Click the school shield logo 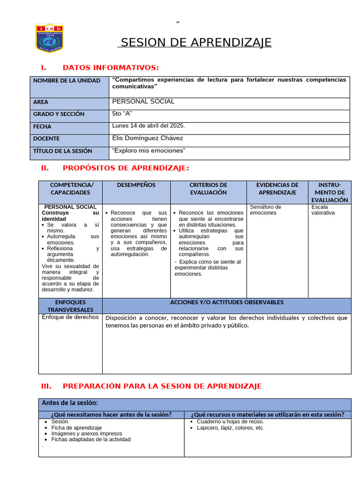pyautogui.click(x=49, y=37)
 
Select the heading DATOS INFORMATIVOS pyautogui.click(x=111, y=67)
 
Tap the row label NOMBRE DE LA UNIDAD pyautogui.click(x=67, y=81)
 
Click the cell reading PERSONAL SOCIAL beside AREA pyautogui.click(x=143, y=101)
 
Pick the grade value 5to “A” pyautogui.click(x=123, y=113)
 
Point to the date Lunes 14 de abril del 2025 pyautogui.click(x=149, y=126)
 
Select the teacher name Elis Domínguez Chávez pyautogui.click(x=148, y=138)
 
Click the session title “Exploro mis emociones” pyautogui.click(x=149, y=150)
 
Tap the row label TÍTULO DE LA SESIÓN pyautogui.click(x=63, y=151)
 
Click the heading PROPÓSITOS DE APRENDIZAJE pyautogui.click(x=126, y=168)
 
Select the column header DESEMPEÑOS pyautogui.click(x=136, y=185)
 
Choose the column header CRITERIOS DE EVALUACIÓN pyautogui.click(x=208, y=188)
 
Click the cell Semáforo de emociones pyautogui.click(x=265, y=210)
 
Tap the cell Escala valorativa pyautogui.click(x=323, y=210)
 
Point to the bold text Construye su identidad pyautogui.click(x=70, y=216)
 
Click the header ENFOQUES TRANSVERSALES pyautogui.click(x=70, y=306)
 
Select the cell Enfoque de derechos pyautogui.click(x=70, y=317)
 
